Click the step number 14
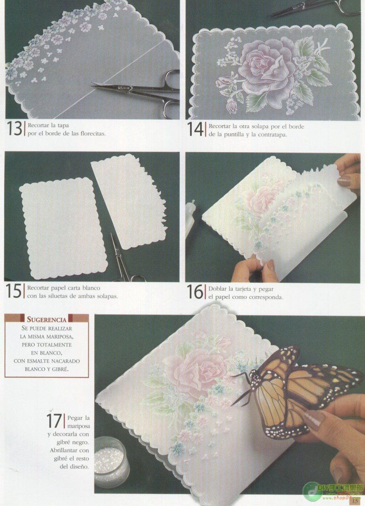click(196, 129)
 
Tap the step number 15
click(14, 291)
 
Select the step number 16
click(196, 291)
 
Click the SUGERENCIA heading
click(46, 319)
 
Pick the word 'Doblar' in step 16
click(218, 289)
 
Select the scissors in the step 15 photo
click(122, 261)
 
